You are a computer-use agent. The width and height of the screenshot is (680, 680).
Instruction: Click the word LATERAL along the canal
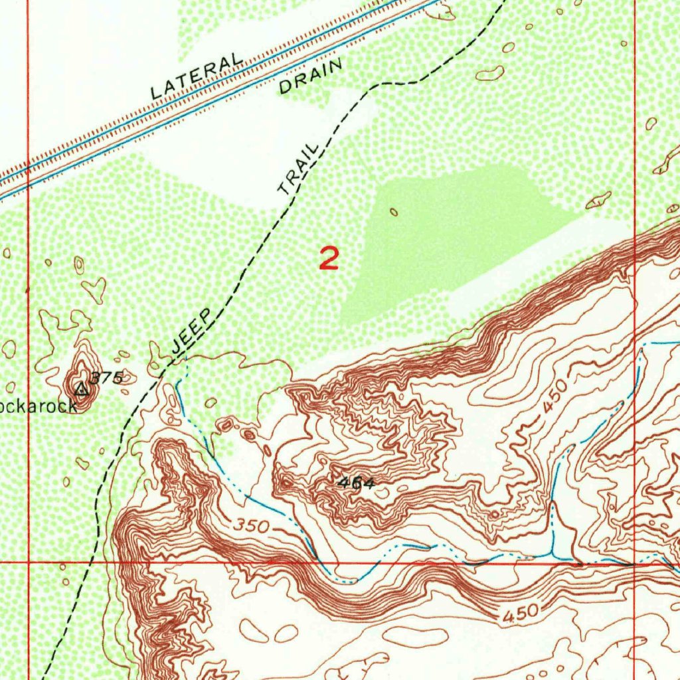pyautogui.click(x=196, y=77)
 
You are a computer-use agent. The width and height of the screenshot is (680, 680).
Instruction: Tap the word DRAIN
pyautogui.click(x=310, y=76)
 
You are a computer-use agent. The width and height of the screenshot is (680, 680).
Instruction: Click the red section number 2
pyautogui.click(x=329, y=258)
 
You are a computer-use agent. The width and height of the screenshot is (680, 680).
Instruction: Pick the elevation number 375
pyautogui.click(x=106, y=379)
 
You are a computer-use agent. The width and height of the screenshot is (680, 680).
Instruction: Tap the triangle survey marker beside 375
pyautogui.click(x=82, y=389)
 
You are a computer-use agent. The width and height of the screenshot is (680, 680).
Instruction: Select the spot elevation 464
pyautogui.click(x=355, y=483)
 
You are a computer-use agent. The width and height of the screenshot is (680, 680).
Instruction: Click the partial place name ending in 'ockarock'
pyautogui.click(x=39, y=406)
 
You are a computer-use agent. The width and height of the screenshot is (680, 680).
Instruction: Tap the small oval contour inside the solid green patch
pyautogui.click(x=394, y=212)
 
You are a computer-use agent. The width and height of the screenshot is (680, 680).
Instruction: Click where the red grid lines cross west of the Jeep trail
pyautogui.click(x=28, y=562)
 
